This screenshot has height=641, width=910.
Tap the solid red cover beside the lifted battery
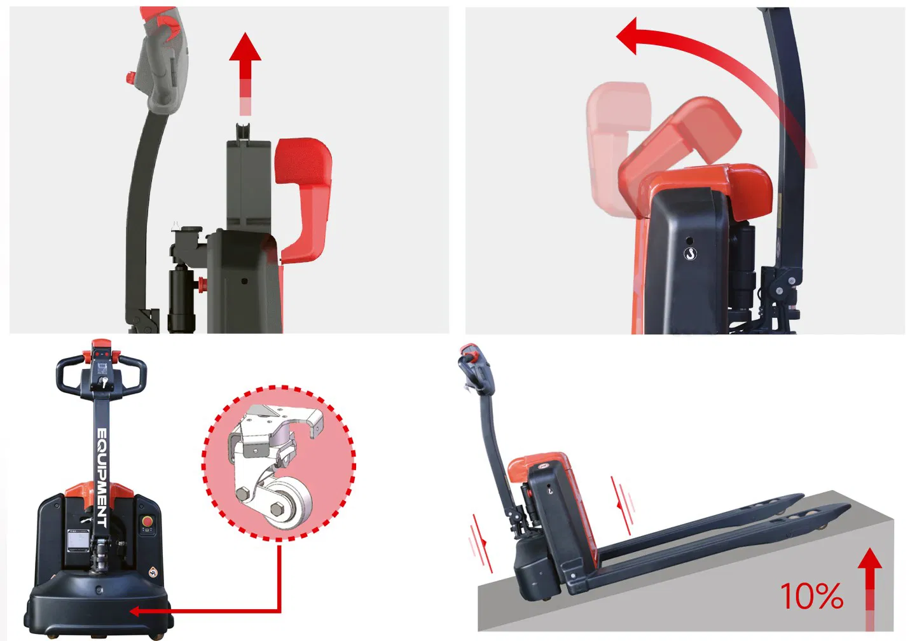click(x=304, y=197)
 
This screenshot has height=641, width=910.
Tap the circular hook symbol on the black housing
click(x=690, y=254)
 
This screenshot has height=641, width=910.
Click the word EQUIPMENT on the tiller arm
click(x=102, y=477)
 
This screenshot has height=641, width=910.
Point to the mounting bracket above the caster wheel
click(x=273, y=432)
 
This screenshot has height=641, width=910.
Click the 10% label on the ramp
click(x=811, y=596)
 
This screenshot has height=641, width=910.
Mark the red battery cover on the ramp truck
click(x=537, y=464)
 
